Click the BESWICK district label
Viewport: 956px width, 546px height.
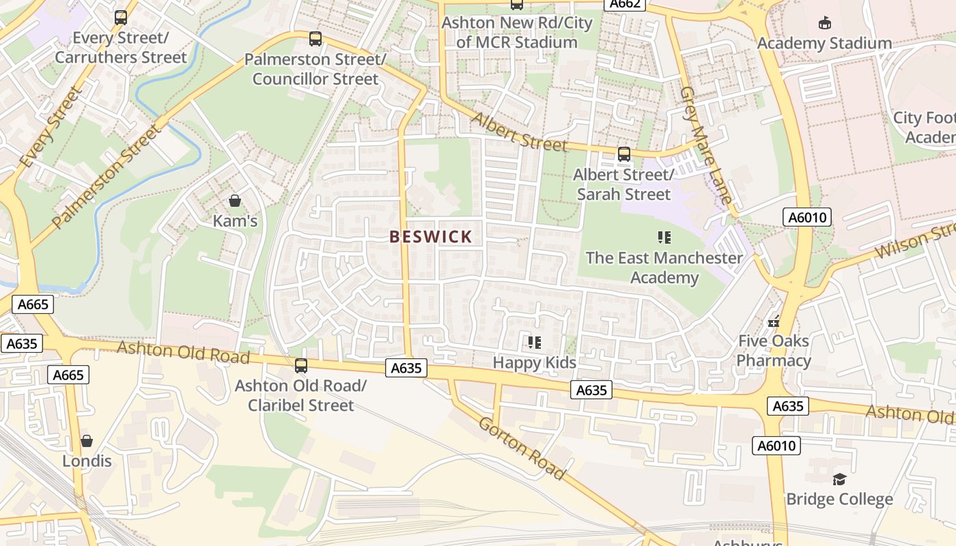[x=430, y=237]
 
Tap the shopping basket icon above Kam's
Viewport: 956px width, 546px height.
[x=235, y=201]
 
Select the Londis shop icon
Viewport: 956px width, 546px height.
[x=87, y=441]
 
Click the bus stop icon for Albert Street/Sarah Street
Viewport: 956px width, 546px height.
[x=623, y=154]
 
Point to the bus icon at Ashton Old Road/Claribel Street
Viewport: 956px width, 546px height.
[x=301, y=366]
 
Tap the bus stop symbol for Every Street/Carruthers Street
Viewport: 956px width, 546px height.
[x=121, y=18]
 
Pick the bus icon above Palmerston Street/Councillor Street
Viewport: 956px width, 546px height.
[x=315, y=39]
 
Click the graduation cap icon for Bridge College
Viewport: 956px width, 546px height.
[x=839, y=479]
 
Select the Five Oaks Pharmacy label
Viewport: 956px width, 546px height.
[x=774, y=351]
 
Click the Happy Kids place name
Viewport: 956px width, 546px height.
[x=534, y=362]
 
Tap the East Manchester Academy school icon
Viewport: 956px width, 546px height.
[x=664, y=238]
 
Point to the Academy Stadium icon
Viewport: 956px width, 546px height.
[x=824, y=23]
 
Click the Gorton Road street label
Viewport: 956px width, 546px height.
[x=522, y=448]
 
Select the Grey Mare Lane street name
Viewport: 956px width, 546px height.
[x=706, y=145]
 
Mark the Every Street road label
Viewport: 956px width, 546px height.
[x=51, y=127]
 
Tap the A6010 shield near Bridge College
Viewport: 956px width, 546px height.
[x=777, y=446]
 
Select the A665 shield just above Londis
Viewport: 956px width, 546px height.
[x=68, y=374]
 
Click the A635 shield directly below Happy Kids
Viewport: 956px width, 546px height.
[x=591, y=390]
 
